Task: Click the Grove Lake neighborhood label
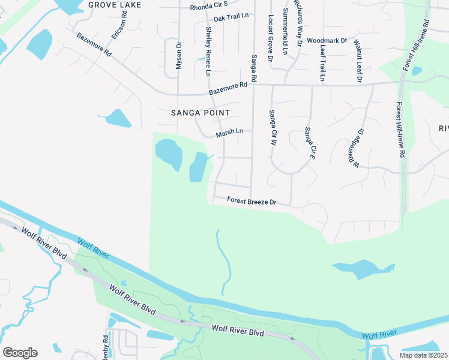(x=115, y=5)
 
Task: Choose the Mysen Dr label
(x=178, y=55)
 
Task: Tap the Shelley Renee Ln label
(x=208, y=52)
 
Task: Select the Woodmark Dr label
(x=327, y=41)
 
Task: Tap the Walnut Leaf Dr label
(x=358, y=61)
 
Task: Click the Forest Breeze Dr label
(x=252, y=202)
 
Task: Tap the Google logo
(x=20, y=353)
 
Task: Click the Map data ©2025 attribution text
(x=423, y=355)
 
